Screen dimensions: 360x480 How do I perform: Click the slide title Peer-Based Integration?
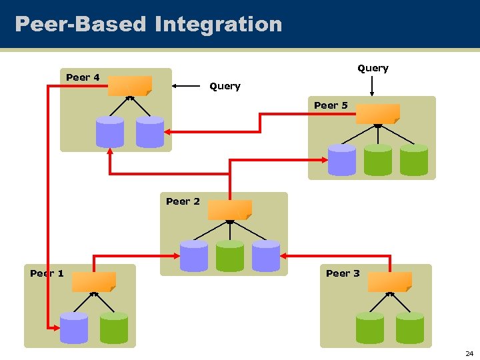click(x=148, y=25)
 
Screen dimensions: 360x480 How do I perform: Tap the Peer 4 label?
click(x=83, y=77)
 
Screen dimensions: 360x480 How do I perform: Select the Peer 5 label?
click(x=331, y=105)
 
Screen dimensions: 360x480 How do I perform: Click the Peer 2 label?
click(x=183, y=201)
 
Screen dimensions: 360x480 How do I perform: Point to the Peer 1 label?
click(x=47, y=273)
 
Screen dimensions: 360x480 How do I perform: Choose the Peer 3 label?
click(x=343, y=273)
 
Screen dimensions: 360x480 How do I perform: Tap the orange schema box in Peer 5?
click(x=377, y=114)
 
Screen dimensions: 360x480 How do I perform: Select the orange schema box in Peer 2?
click(x=229, y=210)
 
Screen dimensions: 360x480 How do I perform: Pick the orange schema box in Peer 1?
click(x=94, y=282)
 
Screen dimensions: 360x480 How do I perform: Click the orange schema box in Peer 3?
click(x=390, y=282)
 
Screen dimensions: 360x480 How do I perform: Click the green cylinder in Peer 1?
click(x=114, y=328)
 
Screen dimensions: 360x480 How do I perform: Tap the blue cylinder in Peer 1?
click(x=74, y=328)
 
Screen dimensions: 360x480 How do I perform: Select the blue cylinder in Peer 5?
click(x=342, y=160)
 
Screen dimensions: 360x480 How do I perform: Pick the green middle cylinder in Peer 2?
click(x=230, y=256)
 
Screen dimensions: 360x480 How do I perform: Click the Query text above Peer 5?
click(x=373, y=68)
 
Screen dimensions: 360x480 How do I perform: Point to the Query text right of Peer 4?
click(x=225, y=86)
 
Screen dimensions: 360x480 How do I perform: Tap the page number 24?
click(x=469, y=353)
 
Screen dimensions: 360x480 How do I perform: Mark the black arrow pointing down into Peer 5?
click(x=373, y=85)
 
